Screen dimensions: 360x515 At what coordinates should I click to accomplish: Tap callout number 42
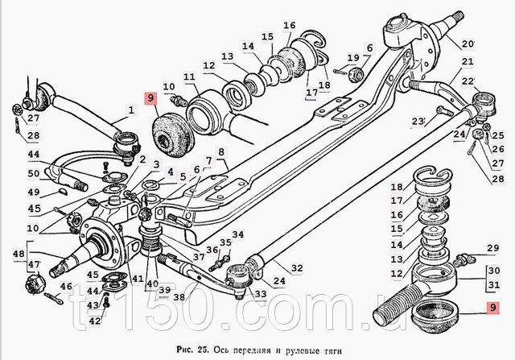(95, 321)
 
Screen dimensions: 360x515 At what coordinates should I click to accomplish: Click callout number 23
(417, 122)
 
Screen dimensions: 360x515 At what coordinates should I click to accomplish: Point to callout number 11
(190, 77)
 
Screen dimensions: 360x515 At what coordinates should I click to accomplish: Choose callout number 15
(267, 38)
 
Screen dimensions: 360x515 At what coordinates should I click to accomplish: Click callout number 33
(259, 294)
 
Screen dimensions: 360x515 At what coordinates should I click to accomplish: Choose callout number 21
(468, 62)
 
